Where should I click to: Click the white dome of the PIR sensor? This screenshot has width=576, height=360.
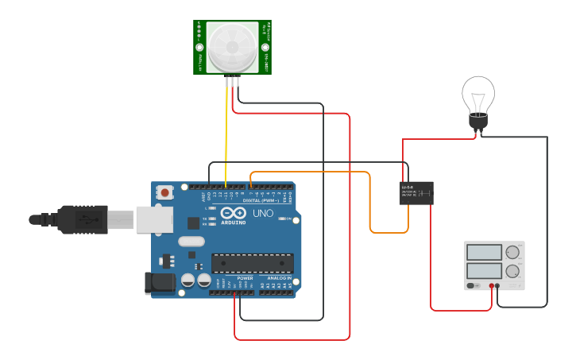click(x=232, y=47)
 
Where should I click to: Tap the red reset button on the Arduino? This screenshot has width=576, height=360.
click(x=164, y=192)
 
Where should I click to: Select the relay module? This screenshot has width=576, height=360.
click(x=416, y=192)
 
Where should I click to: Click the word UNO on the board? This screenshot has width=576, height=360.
click(x=262, y=214)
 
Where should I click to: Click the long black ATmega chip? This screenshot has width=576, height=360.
click(x=252, y=263)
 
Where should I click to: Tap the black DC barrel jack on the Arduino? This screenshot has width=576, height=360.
click(x=159, y=282)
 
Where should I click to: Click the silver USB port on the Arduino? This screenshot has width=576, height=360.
click(x=154, y=219)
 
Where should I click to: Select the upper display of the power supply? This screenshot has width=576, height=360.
click(x=484, y=253)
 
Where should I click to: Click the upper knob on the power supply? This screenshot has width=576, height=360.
click(x=512, y=253)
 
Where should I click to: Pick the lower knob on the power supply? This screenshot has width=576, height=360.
click(x=512, y=271)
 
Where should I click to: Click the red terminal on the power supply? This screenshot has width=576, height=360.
click(x=492, y=285)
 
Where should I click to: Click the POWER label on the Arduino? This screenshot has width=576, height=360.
click(x=245, y=278)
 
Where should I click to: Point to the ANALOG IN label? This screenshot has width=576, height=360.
click(x=278, y=278)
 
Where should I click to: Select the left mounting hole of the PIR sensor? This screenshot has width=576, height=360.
click(x=199, y=48)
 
